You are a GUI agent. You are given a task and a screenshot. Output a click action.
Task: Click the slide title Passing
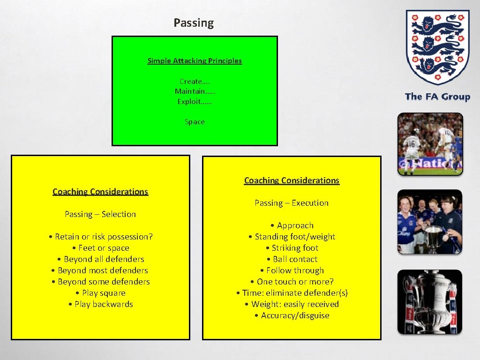(194, 23)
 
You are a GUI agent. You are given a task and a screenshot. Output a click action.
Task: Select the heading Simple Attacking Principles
(195, 60)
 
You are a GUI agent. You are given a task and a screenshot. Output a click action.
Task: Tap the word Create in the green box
(190, 81)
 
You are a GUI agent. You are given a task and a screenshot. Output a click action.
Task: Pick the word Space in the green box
(195, 122)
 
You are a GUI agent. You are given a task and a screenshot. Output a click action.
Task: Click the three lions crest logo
(437, 47)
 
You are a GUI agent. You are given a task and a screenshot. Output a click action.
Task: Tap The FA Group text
(437, 97)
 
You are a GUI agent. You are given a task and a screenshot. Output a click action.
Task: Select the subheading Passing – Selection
(100, 214)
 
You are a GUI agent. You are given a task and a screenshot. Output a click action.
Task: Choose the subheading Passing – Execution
(292, 203)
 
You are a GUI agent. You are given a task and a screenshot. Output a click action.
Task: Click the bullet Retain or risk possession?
(101, 237)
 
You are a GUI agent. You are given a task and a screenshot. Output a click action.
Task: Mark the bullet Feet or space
(101, 248)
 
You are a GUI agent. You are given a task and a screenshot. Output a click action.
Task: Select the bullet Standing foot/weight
(292, 237)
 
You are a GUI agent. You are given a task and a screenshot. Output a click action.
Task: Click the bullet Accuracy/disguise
(292, 315)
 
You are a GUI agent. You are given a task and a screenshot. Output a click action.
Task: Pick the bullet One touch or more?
(292, 282)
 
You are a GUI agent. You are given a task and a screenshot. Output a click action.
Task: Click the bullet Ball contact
(292, 259)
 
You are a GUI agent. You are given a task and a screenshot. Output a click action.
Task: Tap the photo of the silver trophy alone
(430, 302)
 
